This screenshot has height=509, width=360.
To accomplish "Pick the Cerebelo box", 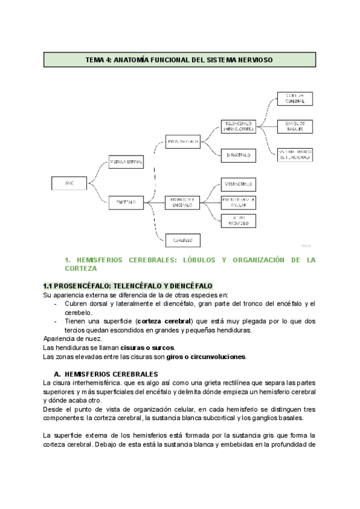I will click(183, 240).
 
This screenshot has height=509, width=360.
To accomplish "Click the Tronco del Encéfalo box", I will click(183, 202).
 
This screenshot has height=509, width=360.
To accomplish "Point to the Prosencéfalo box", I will click(183, 142).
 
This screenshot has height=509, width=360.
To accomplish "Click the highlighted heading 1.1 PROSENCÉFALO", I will click(128, 285).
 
